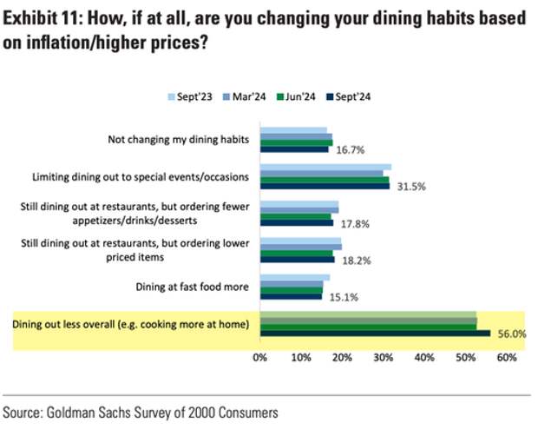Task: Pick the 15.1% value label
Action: (339, 296)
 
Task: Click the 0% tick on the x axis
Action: (259, 358)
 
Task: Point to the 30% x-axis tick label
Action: (384, 358)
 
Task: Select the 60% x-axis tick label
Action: (507, 358)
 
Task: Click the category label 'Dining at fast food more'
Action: (192, 286)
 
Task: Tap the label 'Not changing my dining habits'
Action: (178, 139)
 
